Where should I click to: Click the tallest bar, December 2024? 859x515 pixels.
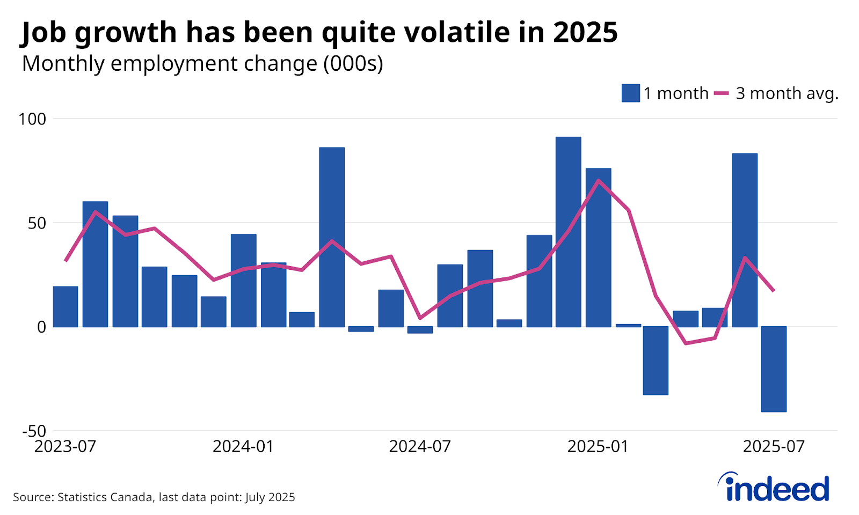pos(568,232)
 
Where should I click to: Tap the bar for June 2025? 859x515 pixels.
pos(745,240)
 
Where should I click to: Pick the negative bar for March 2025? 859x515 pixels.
pos(656,360)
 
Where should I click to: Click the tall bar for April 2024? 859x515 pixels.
pos(332,237)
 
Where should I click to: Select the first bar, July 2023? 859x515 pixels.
pos(65,306)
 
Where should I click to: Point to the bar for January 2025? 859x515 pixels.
pos(598,247)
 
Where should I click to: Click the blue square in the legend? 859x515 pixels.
pos(630,93)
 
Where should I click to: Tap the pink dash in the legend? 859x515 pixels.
pos(722,93)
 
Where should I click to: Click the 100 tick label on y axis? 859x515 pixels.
pos(32,119)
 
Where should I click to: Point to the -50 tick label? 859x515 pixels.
pos(34,431)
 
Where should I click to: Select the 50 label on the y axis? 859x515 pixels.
pos(37,223)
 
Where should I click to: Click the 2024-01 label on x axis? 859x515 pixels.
pos(243,446)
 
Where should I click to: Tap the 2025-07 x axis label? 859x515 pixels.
pos(774,446)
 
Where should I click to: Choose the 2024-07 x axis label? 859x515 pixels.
pos(420,446)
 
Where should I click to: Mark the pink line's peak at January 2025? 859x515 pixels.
pos(598,180)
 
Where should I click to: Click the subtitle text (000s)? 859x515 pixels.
pos(353,64)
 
